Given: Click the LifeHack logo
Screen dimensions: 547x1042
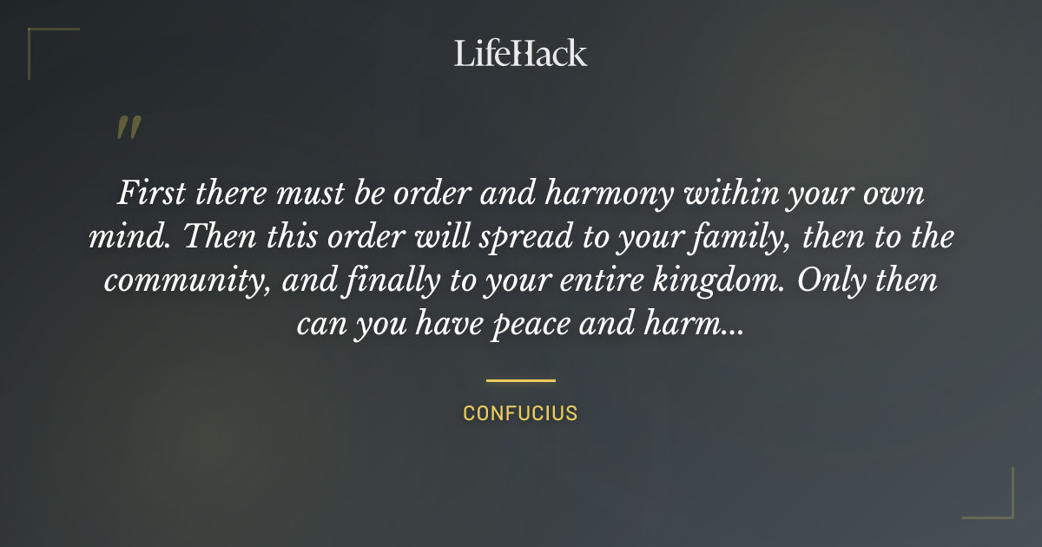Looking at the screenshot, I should pyautogui.click(x=521, y=54).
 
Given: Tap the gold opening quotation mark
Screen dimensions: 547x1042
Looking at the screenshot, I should pyautogui.click(x=129, y=128).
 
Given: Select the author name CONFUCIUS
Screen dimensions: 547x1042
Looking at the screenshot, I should pyautogui.click(x=520, y=413).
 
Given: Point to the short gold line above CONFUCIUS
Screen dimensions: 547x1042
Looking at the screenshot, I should pyautogui.click(x=520, y=380).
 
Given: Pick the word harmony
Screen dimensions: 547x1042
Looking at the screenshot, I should pyautogui.click(x=605, y=193).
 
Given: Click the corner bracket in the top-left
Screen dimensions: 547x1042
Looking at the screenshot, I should pyautogui.click(x=43, y=42).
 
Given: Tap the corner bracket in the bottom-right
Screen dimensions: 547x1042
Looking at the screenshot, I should pyautogui.click(x=999, y=504).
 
